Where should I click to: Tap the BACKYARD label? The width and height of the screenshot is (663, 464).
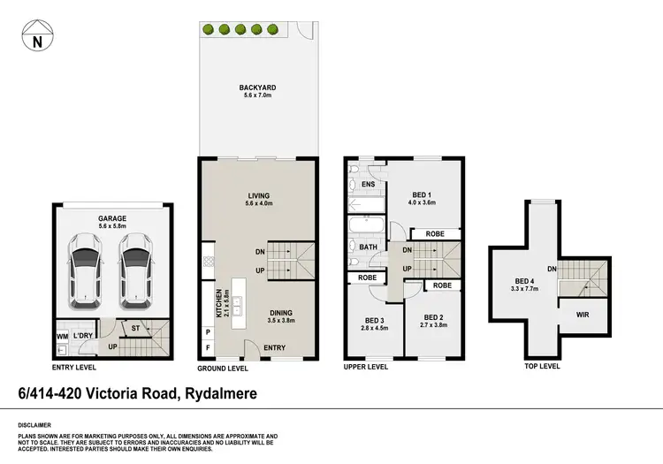(257, 87)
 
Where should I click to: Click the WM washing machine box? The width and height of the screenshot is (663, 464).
(62, 337)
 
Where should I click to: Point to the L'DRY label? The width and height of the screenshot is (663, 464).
(84, 337)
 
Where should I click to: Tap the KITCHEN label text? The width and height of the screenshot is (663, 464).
(217, 304)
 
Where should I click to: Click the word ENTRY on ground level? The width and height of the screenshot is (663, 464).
(275, 348)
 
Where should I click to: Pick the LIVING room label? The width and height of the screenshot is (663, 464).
(259, 195)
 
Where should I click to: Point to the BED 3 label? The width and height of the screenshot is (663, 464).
(374, 319)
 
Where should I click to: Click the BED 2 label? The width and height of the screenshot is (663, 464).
(432, 317)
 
